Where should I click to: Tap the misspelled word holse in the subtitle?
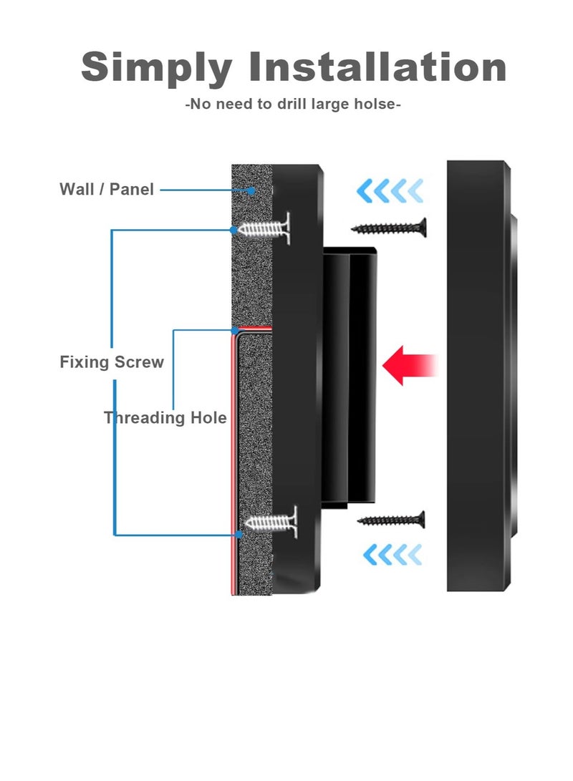pos(374,105)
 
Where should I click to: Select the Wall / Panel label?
pos(107,190)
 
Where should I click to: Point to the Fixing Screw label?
pos(112,362)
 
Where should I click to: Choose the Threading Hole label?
pos(165,418)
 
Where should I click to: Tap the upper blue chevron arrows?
pos(390,191)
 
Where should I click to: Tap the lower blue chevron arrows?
pos(393,554)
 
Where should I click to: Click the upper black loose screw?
pos(390,228)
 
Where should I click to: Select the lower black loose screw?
pos(392,520)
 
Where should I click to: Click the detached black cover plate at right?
pos(478,376)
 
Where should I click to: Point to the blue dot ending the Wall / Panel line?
pos(251,190)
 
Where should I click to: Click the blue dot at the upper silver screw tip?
pos(234,229)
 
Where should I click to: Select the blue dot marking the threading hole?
pos(234,330)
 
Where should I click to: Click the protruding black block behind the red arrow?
pos(350,376)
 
